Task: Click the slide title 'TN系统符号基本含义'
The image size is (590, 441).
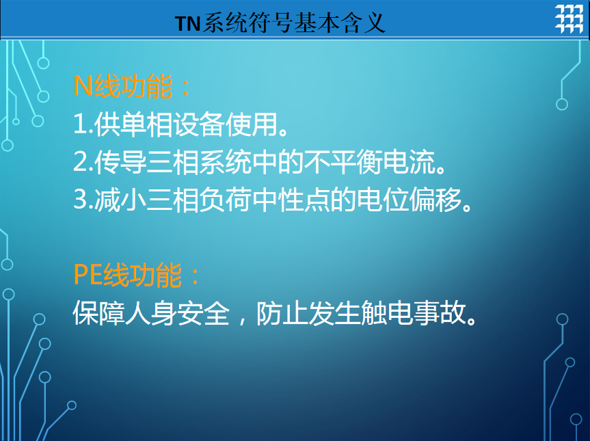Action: click(280, 23)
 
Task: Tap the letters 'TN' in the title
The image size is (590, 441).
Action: click(187, 24)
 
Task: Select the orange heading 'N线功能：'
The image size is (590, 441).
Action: click(132, 86)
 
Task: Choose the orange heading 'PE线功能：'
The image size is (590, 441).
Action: click(137, 275)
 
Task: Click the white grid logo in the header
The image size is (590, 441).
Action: click(569, 19)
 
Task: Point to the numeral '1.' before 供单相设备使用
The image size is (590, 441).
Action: click(83, 124)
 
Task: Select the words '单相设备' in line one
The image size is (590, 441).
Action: click(159, 124)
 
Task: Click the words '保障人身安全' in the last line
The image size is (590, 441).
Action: click(151, 312)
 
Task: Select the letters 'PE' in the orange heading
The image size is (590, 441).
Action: click(88, 275)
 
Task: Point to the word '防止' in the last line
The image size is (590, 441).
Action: click(282, 312)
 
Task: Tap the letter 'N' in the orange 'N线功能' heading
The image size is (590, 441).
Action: click(83, 86)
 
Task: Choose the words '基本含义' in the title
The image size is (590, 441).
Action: click(340, 23)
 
